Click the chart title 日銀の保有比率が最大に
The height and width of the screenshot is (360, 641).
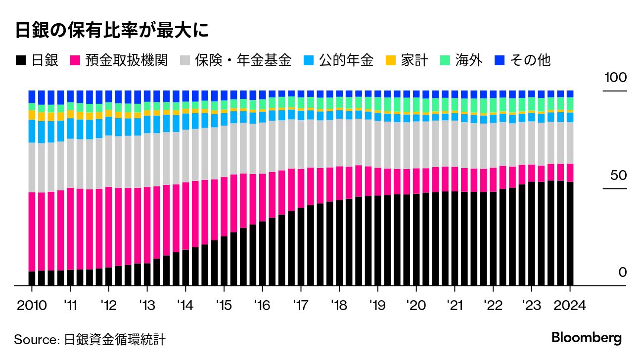click(x=111, y=31)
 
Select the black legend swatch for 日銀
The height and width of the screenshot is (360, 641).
click(x=21, y=61)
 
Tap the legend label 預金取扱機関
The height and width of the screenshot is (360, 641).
click(x=126, y=61)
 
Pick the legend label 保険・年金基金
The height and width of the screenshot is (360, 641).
click(x=243, y=61)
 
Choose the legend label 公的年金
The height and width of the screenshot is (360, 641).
click(x=346, y=61)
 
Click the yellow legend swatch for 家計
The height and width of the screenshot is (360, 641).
click(x=390, y=61)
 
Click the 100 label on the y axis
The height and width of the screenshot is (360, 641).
click(x=614, y=78)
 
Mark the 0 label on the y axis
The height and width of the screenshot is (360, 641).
click(x=622, y=273)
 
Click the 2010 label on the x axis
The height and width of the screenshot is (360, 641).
click(x=32, y=305)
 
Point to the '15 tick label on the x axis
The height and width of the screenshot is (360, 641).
click(x=224, y=305)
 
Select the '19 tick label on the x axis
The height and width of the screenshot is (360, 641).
click(x=378, y=305)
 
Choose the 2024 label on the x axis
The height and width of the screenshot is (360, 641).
click(x=570, y=305)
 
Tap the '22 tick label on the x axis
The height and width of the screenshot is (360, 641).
click(x=493, y=305)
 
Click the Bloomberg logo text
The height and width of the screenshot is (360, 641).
click(x=587, y=338)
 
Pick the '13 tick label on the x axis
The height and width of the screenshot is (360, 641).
click(x=147, y=305)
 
